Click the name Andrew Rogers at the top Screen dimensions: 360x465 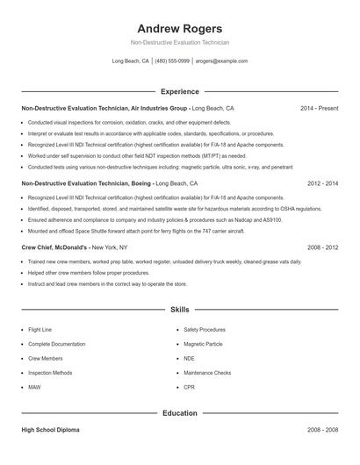pos(180,28)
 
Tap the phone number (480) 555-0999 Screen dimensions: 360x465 pos(173,61)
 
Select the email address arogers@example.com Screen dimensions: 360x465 pos(221,61)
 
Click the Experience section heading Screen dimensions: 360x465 pos(180,91)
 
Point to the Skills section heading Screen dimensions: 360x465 pos(180,310)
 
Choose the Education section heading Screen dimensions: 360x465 pos(180,412)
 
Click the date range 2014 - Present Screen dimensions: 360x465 pos(319,108)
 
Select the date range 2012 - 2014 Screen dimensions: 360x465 pos(322,183)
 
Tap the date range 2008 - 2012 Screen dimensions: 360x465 pos(322,248)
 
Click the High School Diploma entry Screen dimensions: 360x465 pos(51,430)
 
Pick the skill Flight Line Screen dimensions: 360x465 pos(40,330)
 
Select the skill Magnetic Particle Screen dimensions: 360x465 pos(203,344)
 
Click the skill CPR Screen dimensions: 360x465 pos(190,387)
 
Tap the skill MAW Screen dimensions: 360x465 pos(34,387)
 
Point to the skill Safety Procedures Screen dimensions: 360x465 pos(205,330)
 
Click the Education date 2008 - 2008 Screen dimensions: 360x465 pos(322,430)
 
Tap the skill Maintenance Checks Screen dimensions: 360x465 pos(207,373)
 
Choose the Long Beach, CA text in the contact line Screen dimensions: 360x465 pos(131,61)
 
